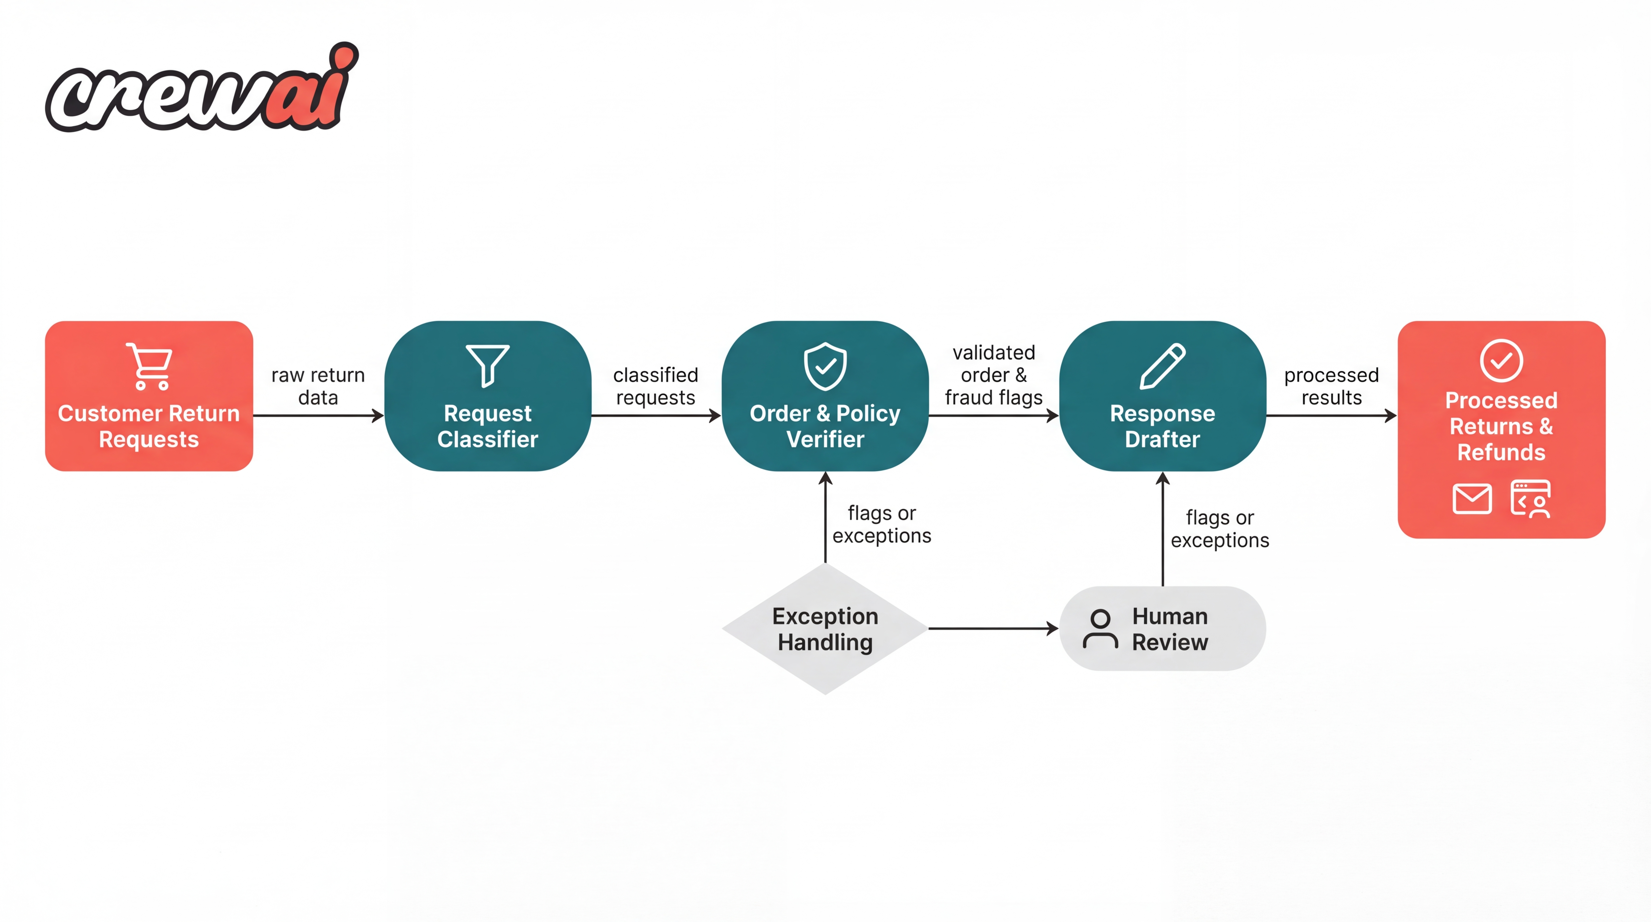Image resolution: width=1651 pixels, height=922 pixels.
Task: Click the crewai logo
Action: [x=202, y=90]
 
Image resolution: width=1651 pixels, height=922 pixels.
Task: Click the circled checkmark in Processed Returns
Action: [x=1501, y=360]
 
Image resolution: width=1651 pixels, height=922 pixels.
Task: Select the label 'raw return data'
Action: [x=318, y=386]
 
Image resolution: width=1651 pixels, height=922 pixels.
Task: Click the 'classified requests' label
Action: [x=655, y=386]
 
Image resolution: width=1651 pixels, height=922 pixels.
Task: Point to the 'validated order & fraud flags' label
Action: [x=993, y=375]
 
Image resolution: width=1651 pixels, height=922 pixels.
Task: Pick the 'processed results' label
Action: [x=1331, y=386]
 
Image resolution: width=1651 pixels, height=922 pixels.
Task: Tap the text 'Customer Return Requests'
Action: [x=149, y=426]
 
